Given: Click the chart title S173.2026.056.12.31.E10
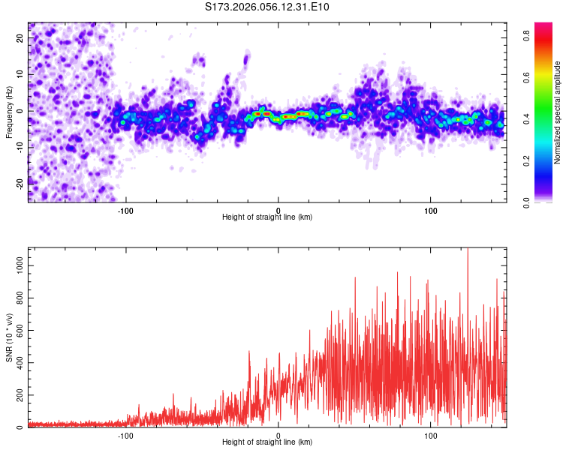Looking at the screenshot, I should point(267,7).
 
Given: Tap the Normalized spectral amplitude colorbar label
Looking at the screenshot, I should point(558,112).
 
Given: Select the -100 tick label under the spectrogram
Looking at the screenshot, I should point(125,209).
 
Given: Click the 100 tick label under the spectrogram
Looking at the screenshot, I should point(431,209).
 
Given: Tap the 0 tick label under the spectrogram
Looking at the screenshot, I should point(278,209).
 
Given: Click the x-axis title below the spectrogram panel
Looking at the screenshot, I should point(267,217).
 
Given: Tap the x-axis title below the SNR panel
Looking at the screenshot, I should point(267,442).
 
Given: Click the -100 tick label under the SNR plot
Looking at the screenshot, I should point(125,434).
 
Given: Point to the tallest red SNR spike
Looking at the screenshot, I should point(468,250).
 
